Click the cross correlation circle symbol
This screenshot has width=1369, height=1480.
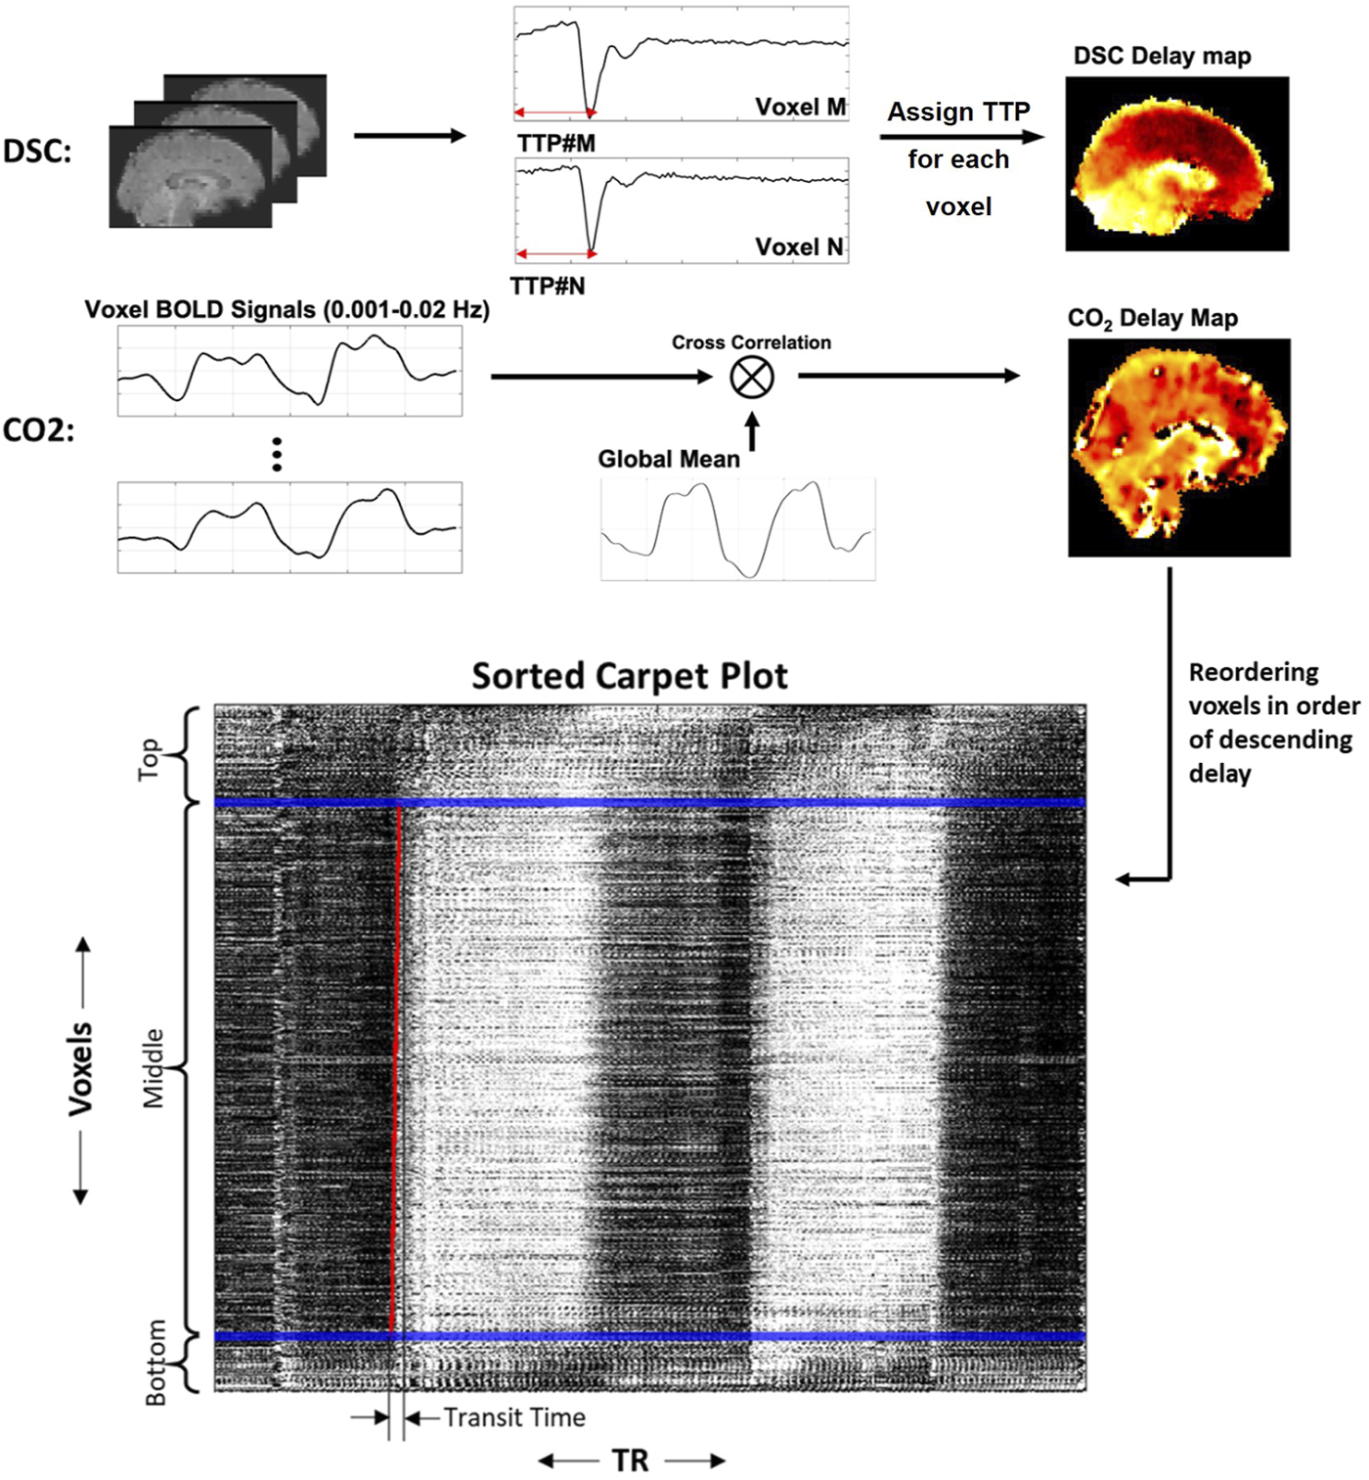tap(752, 377)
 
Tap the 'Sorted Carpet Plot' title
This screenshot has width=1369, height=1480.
tap(630, 676)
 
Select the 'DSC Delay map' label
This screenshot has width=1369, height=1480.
tap(1162, 56)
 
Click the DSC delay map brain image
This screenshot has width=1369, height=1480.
tap(1176, 164)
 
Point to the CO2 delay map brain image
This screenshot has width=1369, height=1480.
tap(1178, 448)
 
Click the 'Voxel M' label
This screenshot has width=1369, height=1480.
tap(800, 107)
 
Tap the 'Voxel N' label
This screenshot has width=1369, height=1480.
tap(799, 247)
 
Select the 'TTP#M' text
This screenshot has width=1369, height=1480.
tap(555, 144)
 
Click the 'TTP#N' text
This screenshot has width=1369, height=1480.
tap(548, 287)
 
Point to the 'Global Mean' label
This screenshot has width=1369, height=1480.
tap(669, 459)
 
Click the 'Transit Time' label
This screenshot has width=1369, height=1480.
tap(514, 1417)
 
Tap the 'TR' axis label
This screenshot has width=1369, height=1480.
tap(631, 1461)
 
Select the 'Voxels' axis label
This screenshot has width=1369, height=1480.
tap(80, 1069)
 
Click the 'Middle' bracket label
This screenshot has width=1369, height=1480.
tap(154, 1068)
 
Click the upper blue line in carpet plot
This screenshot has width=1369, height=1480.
tap(649, 803)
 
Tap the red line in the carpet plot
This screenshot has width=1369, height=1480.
tap(396, 1066)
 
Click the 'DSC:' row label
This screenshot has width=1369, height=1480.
tap(37, 151)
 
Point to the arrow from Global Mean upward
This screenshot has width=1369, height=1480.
tap(752, 430)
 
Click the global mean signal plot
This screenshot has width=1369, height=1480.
tap(737, 529)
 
